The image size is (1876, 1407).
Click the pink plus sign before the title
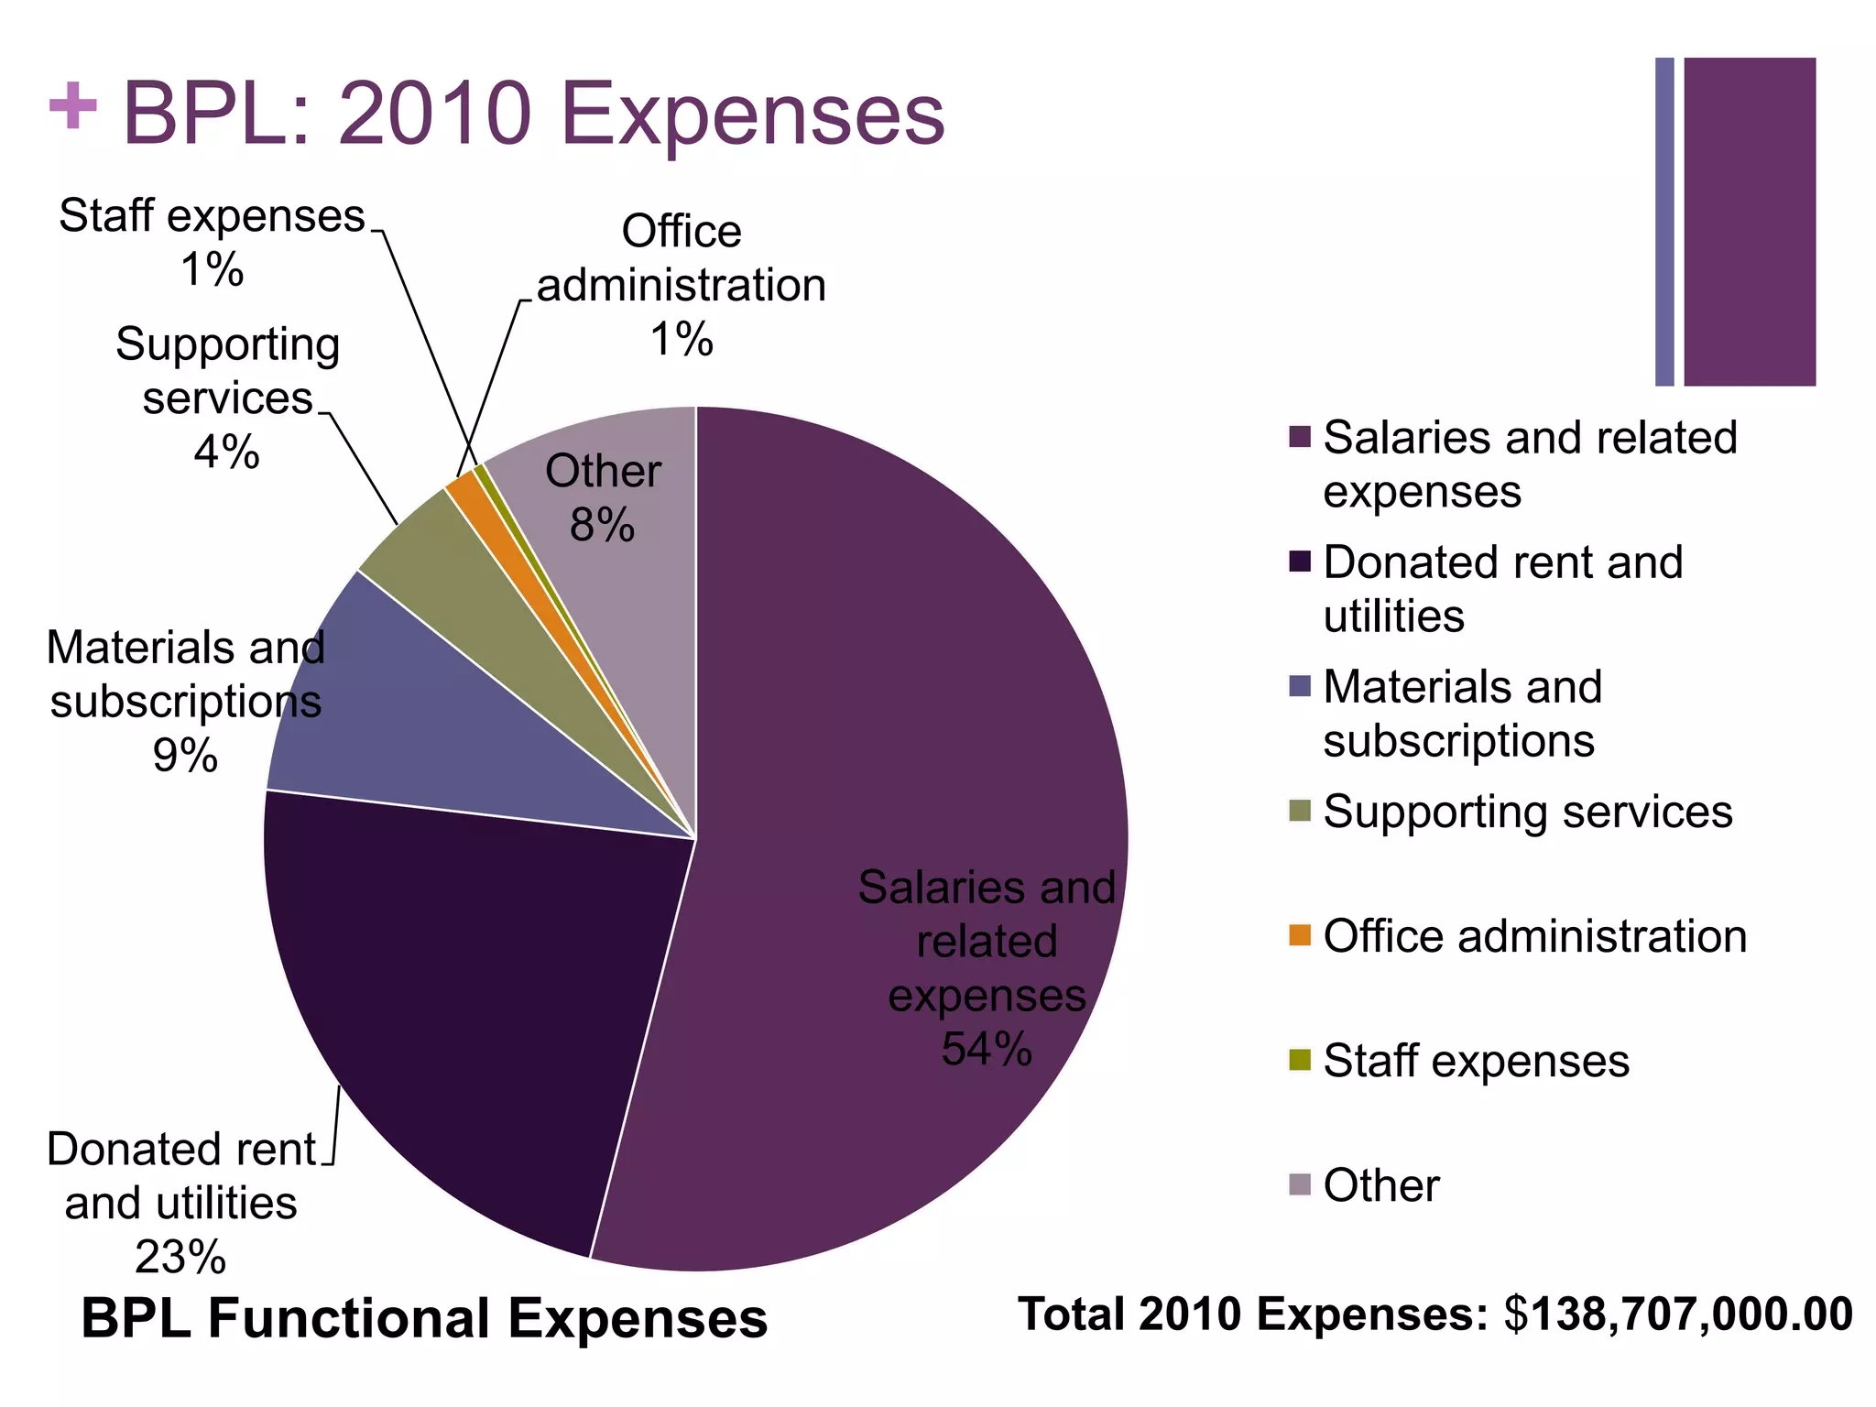(x=72, y=107)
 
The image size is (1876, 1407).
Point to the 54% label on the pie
(x=987, y=1049)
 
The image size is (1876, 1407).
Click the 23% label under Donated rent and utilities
(x=180, y=1257)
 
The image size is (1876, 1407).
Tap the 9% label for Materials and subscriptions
(x=185, y=756)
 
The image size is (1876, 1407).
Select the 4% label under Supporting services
(x=226, y=452)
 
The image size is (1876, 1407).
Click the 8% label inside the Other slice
(x=602, y=526)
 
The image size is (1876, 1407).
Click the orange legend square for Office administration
(x=1300, y=935)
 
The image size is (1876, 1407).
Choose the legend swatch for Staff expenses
(x=1300, y=1060)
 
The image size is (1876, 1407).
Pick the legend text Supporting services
(x=1527, y=812)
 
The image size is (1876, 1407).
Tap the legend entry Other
(x=1380, y=1185)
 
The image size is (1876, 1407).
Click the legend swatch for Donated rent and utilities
(x=1300, y=562)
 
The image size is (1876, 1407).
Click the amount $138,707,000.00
(x=1678, y=1314)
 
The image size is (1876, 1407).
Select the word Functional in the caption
(x=358, y=1319)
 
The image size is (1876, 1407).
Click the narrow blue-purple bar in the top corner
(x=1664, y=222)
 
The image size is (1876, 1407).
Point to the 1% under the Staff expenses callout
(x=213, y=270)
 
